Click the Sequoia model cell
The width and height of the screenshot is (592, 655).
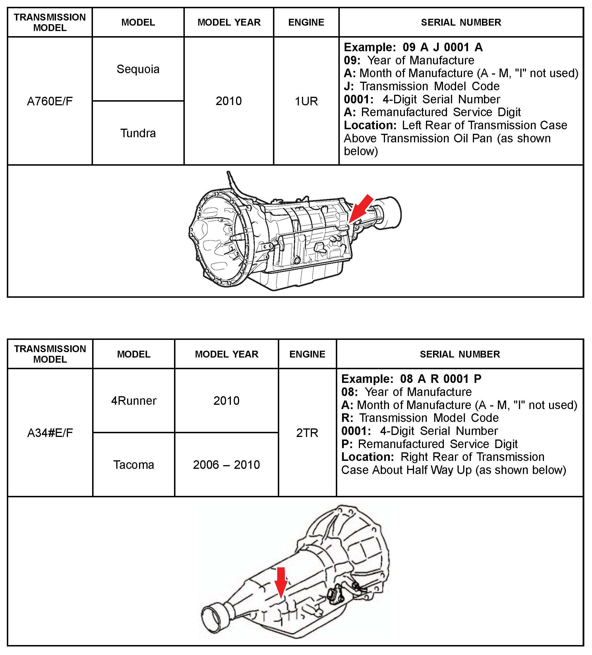pos(138,69)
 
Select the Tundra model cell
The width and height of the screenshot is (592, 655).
pos(138,133)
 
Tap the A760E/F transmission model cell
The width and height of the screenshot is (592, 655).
pos(50,101)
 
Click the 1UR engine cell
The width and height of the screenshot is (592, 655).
pos(306,101)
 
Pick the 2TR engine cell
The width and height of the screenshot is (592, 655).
pos(307,433)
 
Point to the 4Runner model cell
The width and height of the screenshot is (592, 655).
pos(134,401)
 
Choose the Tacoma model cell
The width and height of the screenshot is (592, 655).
pos(134,465)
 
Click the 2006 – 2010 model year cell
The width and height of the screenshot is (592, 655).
pos(226,465)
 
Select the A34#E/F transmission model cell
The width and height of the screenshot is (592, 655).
pos(50,433)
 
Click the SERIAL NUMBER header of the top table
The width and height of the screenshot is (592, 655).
pos(461,22)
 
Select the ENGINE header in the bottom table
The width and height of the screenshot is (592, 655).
pos(307,354)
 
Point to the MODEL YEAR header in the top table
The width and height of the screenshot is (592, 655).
pos(229,22)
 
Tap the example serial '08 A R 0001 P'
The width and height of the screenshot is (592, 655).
pos(440,379)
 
